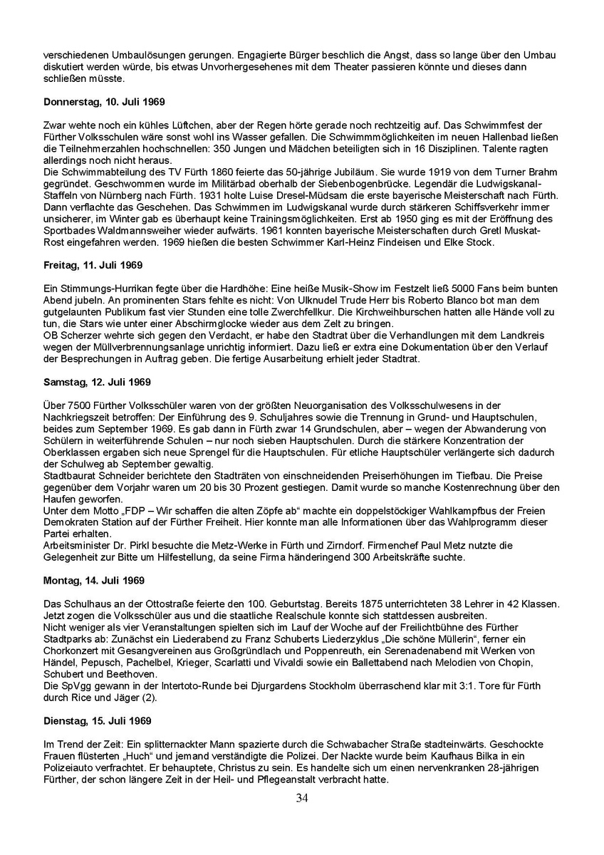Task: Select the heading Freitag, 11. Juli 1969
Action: tap(93, 266)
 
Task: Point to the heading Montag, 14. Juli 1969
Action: tap(94, 580)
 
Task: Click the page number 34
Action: tap(302, 817)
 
